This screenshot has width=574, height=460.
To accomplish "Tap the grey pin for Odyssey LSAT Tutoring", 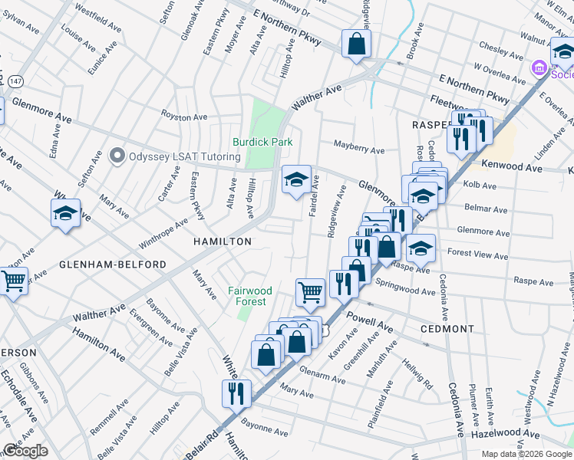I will (117, 156).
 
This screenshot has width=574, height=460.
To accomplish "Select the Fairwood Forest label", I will (250, 296).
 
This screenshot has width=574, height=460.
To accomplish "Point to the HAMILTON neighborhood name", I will (221, 241).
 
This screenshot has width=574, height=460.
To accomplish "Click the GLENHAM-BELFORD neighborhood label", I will (112, 264).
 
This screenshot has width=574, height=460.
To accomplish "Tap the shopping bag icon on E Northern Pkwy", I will (357, 44).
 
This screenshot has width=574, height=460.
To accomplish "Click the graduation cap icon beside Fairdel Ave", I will (296, 180).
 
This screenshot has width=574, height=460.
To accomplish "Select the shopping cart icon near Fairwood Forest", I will (310, 291).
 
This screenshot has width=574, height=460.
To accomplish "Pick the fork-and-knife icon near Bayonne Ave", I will (235, 393).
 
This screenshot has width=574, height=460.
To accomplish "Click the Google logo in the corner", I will (25, 451).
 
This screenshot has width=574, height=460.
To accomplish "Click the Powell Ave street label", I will (370, 321).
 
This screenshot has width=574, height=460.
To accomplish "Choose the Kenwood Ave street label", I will (512, 166).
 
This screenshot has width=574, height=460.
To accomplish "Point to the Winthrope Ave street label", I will (163, 233).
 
